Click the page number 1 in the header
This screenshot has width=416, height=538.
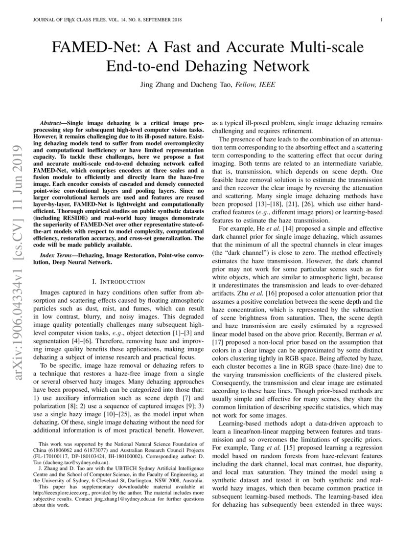(380, 20)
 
